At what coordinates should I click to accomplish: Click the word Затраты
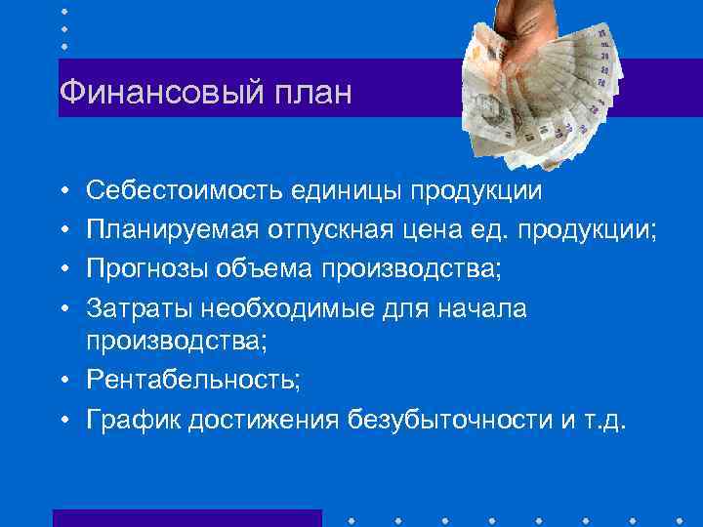tap(139, 309)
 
